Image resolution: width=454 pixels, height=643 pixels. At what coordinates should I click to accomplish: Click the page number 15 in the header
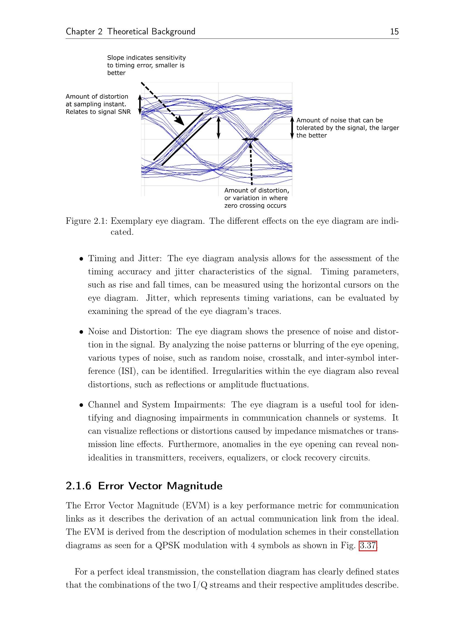tap(394, 32)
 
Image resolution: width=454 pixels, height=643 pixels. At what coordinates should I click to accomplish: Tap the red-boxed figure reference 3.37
tap(368, 545)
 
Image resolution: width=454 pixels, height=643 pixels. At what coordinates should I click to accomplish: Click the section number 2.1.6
tap(79, 486)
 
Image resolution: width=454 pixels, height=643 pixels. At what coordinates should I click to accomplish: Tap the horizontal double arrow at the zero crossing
tap(250, 139)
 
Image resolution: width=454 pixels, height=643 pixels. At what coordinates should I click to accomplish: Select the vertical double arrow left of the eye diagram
tap(140, 104)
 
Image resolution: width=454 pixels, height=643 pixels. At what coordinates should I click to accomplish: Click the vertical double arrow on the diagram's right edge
tap(292, 128)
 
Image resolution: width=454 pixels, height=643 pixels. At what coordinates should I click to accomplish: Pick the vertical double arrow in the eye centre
tap(218, 128)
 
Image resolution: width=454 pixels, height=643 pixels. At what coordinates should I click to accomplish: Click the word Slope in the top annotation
tap(116, 58)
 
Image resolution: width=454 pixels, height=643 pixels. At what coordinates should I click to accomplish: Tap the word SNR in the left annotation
tap(125, 112)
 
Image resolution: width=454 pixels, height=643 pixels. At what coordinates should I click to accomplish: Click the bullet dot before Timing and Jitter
tap(81, 259)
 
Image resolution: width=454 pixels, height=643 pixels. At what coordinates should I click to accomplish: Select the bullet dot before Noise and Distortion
tap(81, 332)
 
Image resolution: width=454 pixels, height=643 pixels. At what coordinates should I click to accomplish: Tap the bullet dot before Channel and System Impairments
tap(81, 405)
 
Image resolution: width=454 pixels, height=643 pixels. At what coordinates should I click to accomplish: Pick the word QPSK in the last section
tap(168, 545)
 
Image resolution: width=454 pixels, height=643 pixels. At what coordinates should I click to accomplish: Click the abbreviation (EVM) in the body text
tap(196, 506)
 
